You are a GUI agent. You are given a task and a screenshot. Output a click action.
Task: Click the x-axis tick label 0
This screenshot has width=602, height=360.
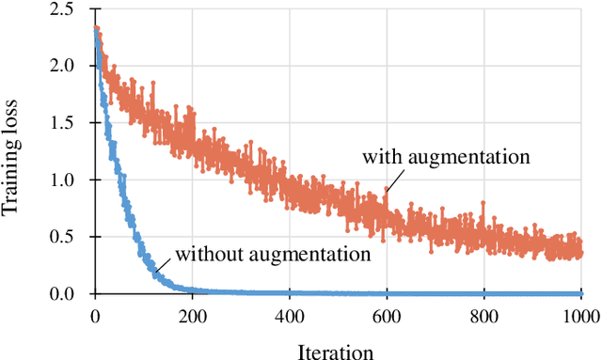pos(95,315)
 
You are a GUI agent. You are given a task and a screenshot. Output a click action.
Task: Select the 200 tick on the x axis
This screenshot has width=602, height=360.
pos(192,315)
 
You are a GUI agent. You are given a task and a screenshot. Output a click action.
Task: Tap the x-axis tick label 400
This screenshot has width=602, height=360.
pos(290,315)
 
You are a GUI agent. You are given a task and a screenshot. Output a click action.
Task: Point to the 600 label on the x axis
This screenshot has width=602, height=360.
pos(387,315)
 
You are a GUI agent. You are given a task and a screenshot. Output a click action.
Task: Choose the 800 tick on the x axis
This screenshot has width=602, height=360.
pos(483,315)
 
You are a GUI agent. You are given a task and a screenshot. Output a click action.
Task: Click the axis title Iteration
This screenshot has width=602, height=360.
pos(336,351)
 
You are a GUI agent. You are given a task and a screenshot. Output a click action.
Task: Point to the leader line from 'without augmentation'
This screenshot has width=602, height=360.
pos(164,264)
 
